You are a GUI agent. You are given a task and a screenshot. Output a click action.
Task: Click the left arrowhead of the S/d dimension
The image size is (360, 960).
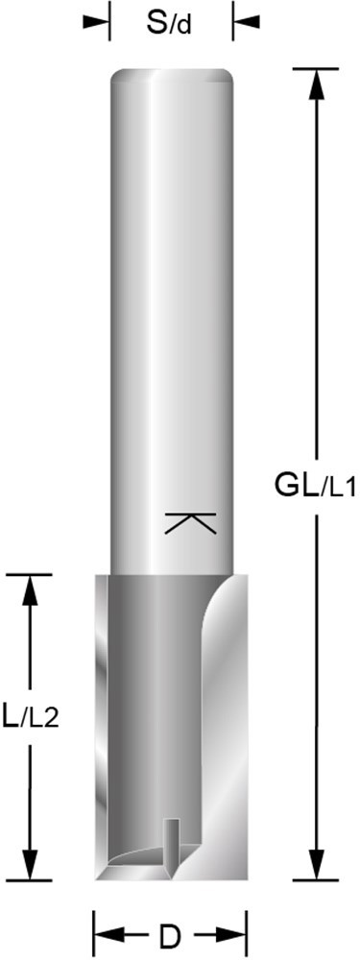(x=97, y=21)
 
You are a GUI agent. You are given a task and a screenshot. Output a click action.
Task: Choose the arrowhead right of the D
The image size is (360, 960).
(x=234, y=933)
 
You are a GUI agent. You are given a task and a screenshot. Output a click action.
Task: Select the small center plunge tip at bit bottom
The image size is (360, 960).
(x=173, y=845)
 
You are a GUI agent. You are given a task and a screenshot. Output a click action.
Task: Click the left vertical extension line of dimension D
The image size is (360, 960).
(x=93, y=931)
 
